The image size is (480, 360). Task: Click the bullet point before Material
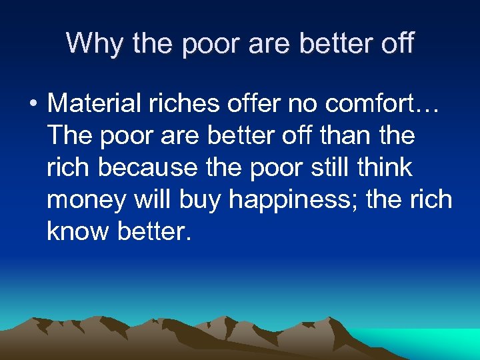pyautogui.click(x=31, y=104)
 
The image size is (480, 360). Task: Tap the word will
pyautogui.click(x=145, y=199)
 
